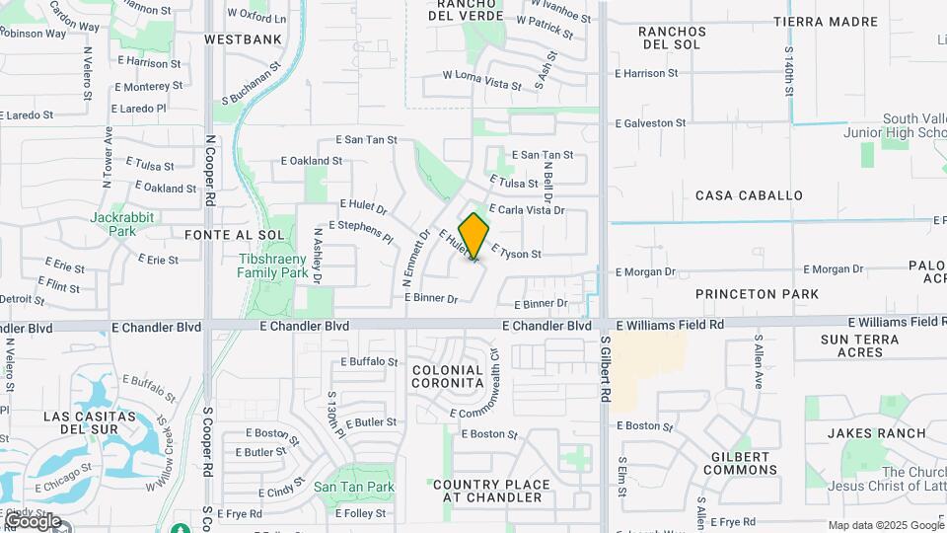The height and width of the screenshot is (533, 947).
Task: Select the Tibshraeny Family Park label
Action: (273, 266)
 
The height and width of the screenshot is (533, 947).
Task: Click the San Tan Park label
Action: (354, 487)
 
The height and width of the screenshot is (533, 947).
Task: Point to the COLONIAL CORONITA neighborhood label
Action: (448, 375)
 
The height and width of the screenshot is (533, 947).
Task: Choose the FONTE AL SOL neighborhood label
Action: (234, 235)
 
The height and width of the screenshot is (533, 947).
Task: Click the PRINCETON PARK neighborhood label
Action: (757, 294)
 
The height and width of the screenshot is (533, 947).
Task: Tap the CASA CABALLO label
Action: (749, 195)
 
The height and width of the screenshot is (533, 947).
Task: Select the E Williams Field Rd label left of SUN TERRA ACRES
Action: (670, 324)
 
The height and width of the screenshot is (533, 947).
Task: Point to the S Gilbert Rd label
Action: (604, 371)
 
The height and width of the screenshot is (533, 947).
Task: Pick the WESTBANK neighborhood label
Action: (243, 39)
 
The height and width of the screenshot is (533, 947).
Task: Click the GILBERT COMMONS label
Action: (740, 464)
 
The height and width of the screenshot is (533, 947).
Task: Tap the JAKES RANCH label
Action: (877, 433)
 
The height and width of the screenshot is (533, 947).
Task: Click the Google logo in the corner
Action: (33, 520)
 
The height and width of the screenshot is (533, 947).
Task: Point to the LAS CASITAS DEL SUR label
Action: (83, 423)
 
